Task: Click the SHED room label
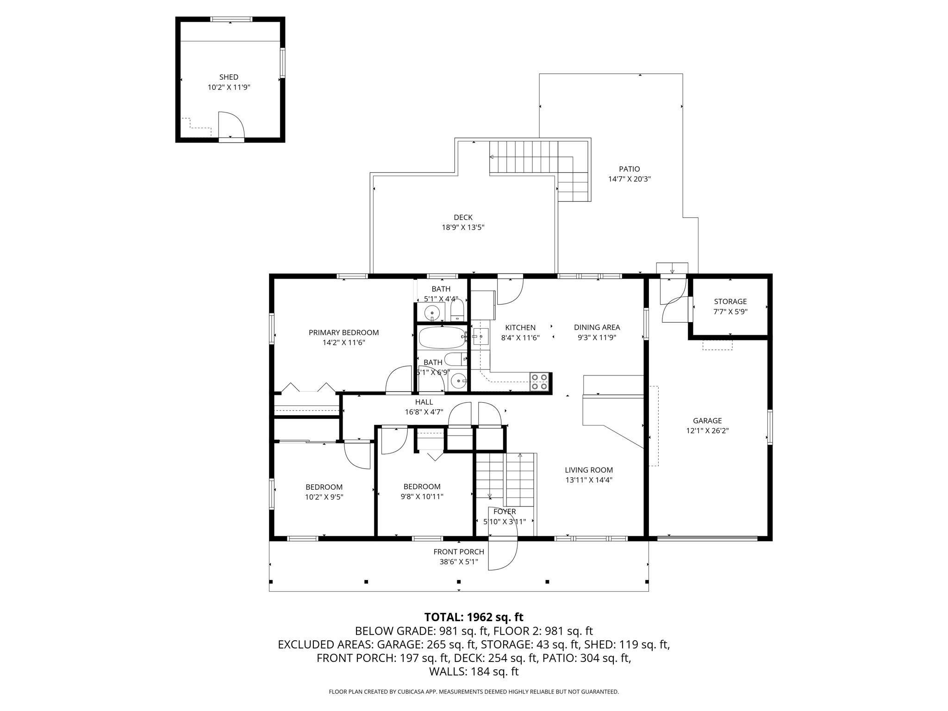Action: (x=229, y=77)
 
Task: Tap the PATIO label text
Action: (x=630, y=169)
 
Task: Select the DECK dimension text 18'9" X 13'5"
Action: (x=463, y=227)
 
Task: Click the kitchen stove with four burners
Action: (x=539, y=382)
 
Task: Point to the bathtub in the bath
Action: (x=442, y=338)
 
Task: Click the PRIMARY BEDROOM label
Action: (x=344, y=332)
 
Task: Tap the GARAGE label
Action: (x=707, y=421)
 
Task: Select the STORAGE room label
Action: (x=730, y=301)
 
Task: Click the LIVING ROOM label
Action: (x=589, y=470)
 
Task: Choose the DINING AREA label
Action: (x=597, y=327)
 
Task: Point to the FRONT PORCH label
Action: (x=459, y=552)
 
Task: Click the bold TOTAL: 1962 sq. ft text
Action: (x=474, y=617)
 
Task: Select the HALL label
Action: (x=424, y=402)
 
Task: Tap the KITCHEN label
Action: (x=520, y=328)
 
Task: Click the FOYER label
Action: (x=505, y=511)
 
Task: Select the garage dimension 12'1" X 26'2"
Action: (x=707, y=430)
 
